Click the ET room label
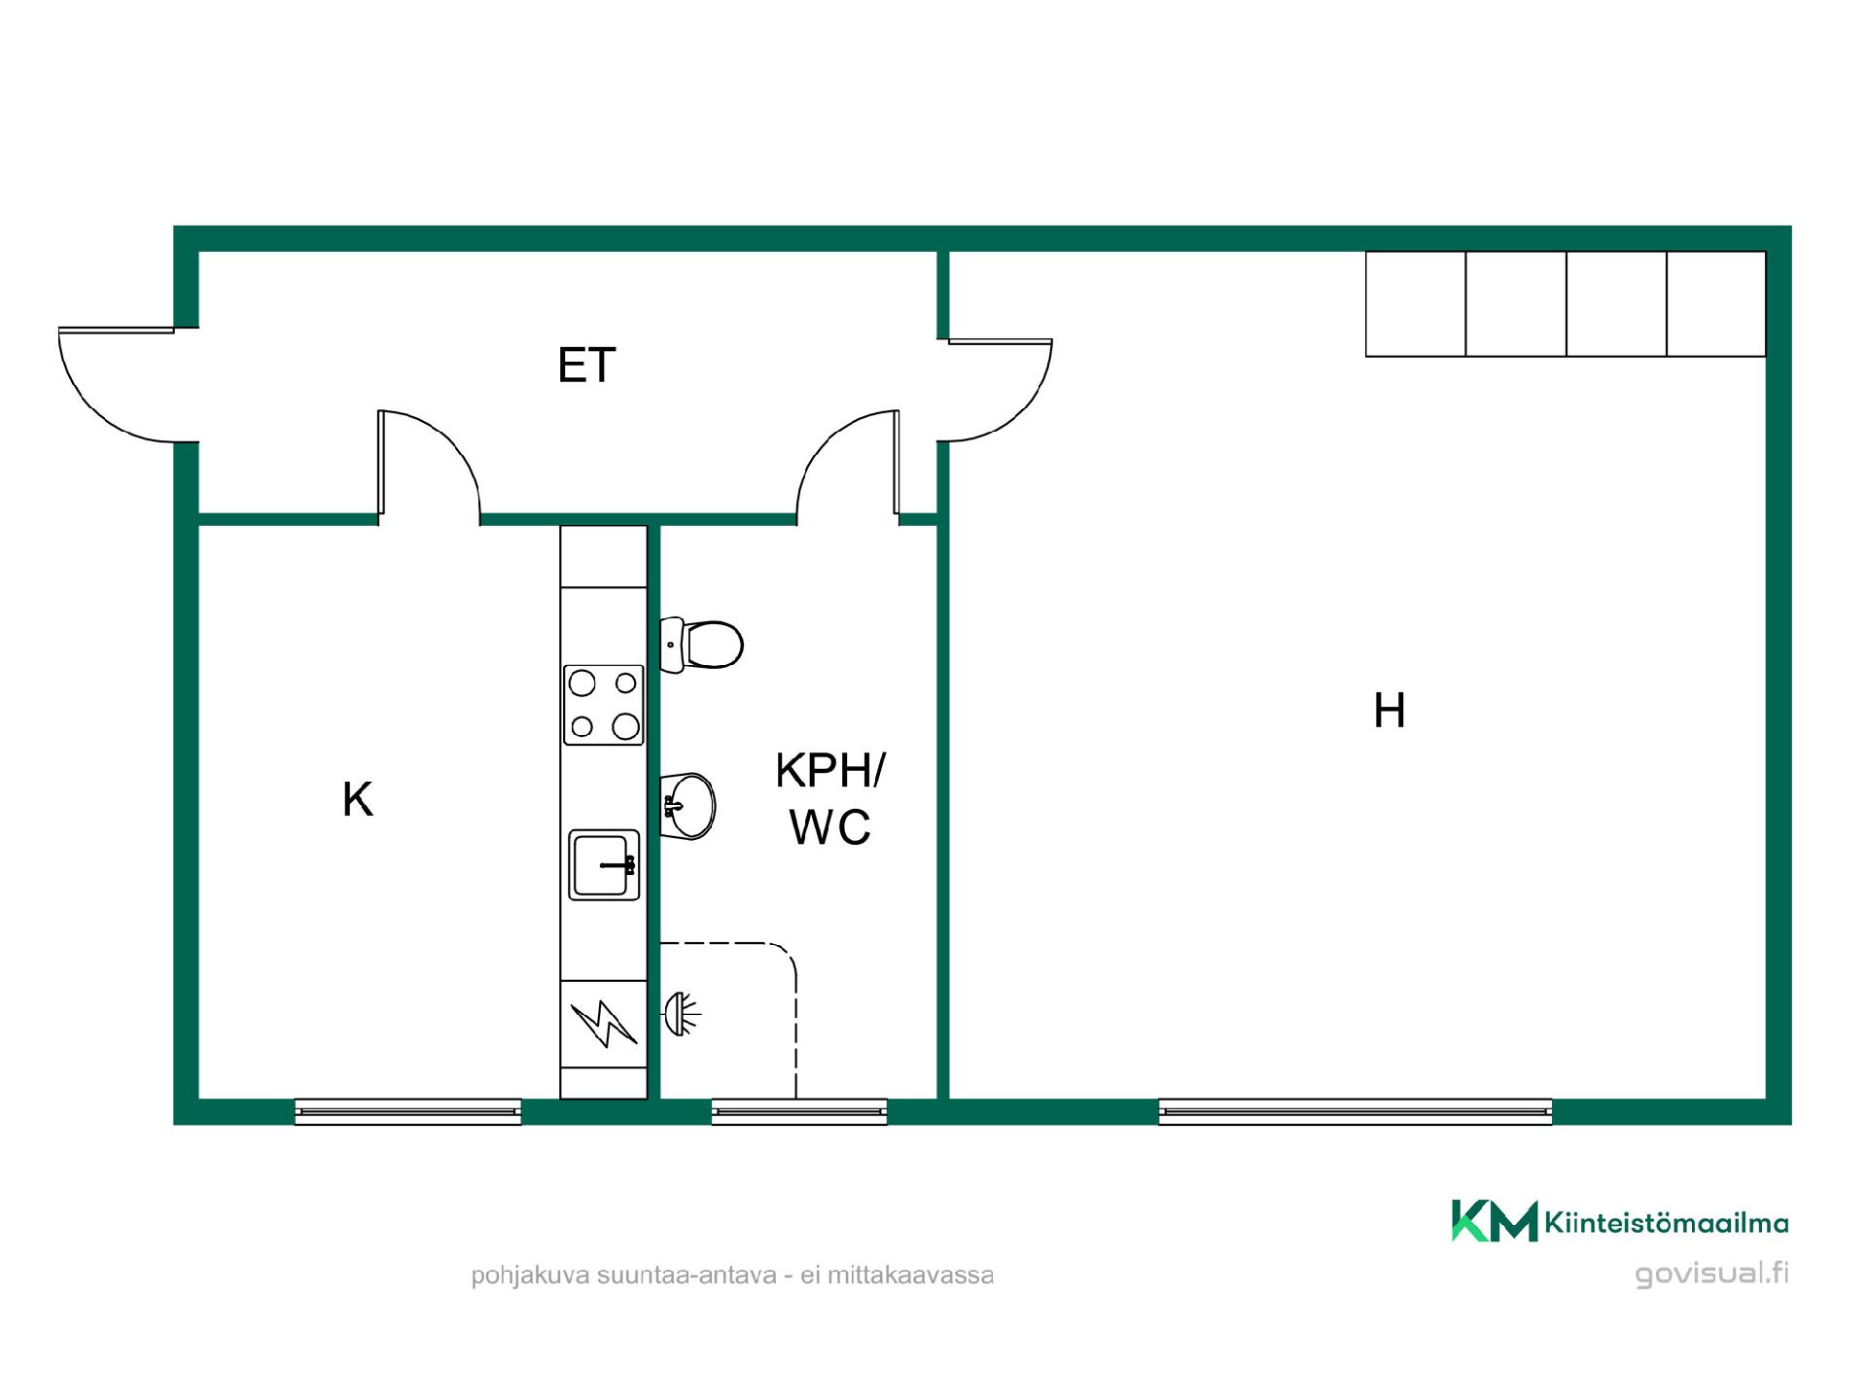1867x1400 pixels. pyautogui.click(x=586, y=366)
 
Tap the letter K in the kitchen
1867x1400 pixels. pyautogui.click(x=358, y=799)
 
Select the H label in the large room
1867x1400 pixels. pyautogui.click(x=1390, y=711)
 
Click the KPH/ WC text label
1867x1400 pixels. pyautogui.click(x=830, y=799)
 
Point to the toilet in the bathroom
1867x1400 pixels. pyautogui.click(x=701, y=645)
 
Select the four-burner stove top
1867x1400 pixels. pyautogui.click(x=604, y=705)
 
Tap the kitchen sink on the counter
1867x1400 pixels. pyautogui.click(x=604, y=864)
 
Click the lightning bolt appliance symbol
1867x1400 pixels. pyautogui.click(x=604, y=1024)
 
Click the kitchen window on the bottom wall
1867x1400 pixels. pyautogui.click(x=407, y=1111)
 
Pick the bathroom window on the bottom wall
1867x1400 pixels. pyautogui.click(x=799, y=1111)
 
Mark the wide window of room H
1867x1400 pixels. pyautogui.click(x=1355, y=1111)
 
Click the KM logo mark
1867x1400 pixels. pyautogui.click(x=1495, y=1221)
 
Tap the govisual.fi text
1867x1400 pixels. pyautogui.click(x=1711, y=1274)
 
